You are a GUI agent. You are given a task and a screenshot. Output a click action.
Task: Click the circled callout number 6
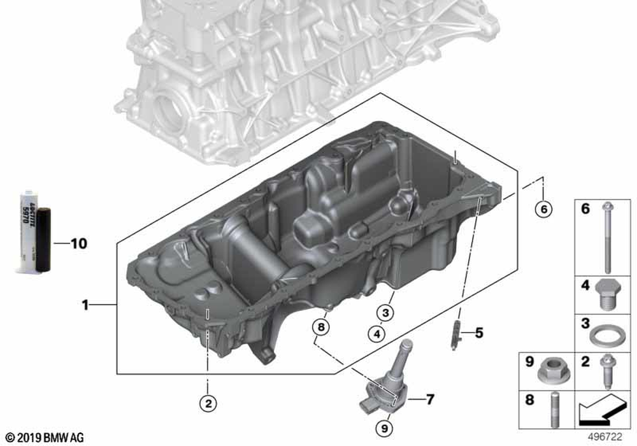pos(543,209)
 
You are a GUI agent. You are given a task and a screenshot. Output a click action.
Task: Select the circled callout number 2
pos(208,403)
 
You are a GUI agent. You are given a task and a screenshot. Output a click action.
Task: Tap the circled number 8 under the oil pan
pos(321,327)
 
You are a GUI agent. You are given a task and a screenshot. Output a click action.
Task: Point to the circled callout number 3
pos(385,312)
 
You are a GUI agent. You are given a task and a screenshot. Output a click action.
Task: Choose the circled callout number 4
pos(376,334)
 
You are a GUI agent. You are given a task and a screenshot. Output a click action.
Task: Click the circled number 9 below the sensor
pos(384,428)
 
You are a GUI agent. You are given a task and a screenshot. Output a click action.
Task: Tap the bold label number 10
pos(79,243)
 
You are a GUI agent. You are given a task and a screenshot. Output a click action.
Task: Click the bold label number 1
pos(85,305)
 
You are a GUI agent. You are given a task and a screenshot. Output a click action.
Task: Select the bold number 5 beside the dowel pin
pos(479,333)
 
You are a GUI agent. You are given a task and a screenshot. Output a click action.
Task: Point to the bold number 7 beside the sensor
pos(430,399)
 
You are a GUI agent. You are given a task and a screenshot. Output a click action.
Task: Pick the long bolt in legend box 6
pos(608,237)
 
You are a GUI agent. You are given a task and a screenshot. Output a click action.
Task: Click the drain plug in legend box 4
pos(608,294)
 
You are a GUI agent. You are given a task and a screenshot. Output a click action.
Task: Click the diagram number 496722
pos(605,437)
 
